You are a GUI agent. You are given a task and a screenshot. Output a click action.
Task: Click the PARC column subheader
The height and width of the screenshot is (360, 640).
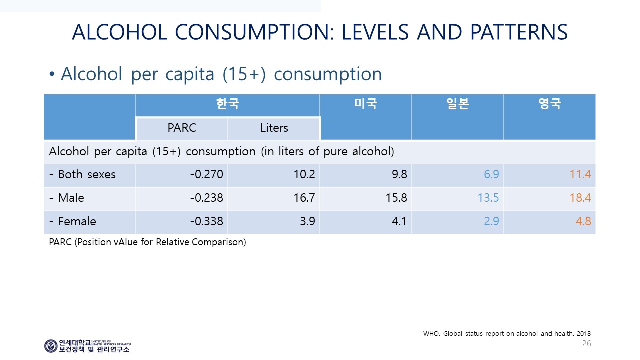[182, 128]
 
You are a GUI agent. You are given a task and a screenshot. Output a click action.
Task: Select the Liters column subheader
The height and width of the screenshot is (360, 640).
[274, 128]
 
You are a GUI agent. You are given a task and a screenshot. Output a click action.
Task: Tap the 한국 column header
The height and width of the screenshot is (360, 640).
[227, 103]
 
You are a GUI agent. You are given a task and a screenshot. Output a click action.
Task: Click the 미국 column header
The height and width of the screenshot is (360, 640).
[366, 103]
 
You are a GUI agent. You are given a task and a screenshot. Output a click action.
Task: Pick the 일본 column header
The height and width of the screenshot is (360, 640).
[458, 103]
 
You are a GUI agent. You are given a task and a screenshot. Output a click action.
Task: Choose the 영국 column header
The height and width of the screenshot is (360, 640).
[550, 103]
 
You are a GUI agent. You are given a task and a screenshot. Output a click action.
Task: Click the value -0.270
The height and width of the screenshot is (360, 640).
[207, 174]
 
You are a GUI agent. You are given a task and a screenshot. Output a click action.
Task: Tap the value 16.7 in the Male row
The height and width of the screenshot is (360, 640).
[304, 198]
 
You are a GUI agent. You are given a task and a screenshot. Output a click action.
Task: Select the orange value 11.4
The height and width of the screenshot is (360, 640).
[580, 174]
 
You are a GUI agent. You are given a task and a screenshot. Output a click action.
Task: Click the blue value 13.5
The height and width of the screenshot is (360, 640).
[488, 198]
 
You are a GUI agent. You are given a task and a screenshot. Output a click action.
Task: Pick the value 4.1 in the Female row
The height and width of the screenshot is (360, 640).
[399, 221]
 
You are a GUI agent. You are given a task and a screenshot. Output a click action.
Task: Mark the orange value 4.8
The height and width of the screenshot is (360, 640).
[583, 221]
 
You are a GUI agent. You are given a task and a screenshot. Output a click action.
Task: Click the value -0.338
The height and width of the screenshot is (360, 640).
[207, 221]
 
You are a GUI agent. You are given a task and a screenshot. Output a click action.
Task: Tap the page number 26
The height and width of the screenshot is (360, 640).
[587, 343]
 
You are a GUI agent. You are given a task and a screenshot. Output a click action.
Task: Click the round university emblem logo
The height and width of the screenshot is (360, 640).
[51, 346]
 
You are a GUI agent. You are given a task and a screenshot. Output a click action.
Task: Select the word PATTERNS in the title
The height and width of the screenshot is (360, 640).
[519, 32]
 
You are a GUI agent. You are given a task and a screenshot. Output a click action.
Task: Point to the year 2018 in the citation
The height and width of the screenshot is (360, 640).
[584, 333]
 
